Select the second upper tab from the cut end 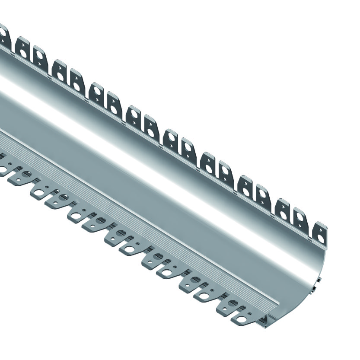tap(300, 217)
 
